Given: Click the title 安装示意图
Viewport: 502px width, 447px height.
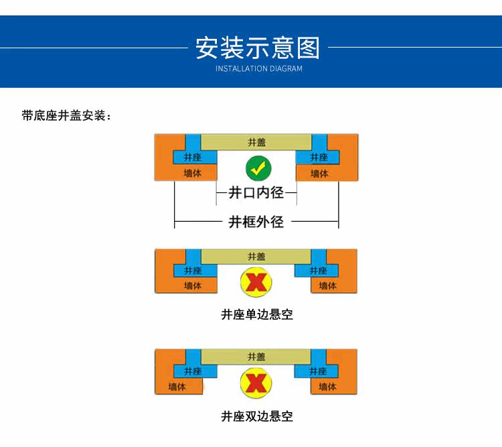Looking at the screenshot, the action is [258, 48].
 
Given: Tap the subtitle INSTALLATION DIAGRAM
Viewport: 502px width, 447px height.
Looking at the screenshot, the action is [258, 69].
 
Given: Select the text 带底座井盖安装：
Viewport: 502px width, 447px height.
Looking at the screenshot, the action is [67, 116].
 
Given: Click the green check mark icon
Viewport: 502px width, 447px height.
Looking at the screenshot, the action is [257, 168].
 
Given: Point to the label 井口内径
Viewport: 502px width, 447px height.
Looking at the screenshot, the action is [256, 193].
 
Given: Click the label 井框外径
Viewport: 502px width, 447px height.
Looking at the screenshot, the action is [256, 222].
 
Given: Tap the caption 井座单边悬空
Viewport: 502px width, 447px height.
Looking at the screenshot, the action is [257, 314].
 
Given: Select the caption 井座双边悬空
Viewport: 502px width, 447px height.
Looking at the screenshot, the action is [257, 416].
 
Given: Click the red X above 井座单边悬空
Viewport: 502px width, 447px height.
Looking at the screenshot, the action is [256, 283].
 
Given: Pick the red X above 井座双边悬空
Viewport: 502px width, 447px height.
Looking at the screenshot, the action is [256, 383].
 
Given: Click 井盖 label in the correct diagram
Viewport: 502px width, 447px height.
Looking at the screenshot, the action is [256, 142].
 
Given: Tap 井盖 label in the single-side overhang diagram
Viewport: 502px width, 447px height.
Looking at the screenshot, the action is [256, 257].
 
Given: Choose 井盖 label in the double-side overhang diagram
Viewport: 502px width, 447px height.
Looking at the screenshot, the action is [256, 357].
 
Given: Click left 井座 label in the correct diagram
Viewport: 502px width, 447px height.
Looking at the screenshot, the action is [193, 157].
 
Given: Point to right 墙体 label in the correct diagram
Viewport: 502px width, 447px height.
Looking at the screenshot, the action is [320, 174].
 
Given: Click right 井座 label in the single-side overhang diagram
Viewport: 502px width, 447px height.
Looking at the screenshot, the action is [319, 271].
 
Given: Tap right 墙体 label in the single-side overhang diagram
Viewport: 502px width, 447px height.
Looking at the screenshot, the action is [328, 286].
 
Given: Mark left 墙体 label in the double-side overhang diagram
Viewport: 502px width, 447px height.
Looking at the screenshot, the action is [177, 387].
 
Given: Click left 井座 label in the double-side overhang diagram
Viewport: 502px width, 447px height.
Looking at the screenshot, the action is [193, 371].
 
